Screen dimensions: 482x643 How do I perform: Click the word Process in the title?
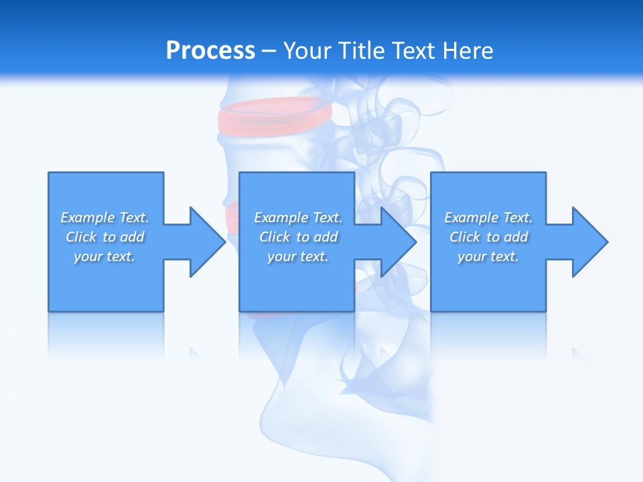[x=210, y=51]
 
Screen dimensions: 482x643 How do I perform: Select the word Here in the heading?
[x=467, y=51]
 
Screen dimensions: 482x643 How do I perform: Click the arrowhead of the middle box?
[x=398, y=242]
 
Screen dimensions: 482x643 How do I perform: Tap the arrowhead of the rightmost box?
[x=589, y=242]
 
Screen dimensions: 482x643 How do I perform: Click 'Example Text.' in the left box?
[x=104, y=218]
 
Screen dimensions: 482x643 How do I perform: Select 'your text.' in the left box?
[x=104, y=256]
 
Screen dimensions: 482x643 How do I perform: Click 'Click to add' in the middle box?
[x=298, y=237]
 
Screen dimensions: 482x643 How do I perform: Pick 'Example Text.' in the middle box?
[x=298, y=218]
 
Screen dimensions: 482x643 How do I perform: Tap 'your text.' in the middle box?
[x=298, y=256]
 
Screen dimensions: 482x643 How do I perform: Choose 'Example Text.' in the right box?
[x=488, y=218]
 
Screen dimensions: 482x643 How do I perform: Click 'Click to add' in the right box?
[x=488, y=237]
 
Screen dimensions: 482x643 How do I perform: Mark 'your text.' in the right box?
[x=488, y=256]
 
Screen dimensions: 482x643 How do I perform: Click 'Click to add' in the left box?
[x=104, y=237]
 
